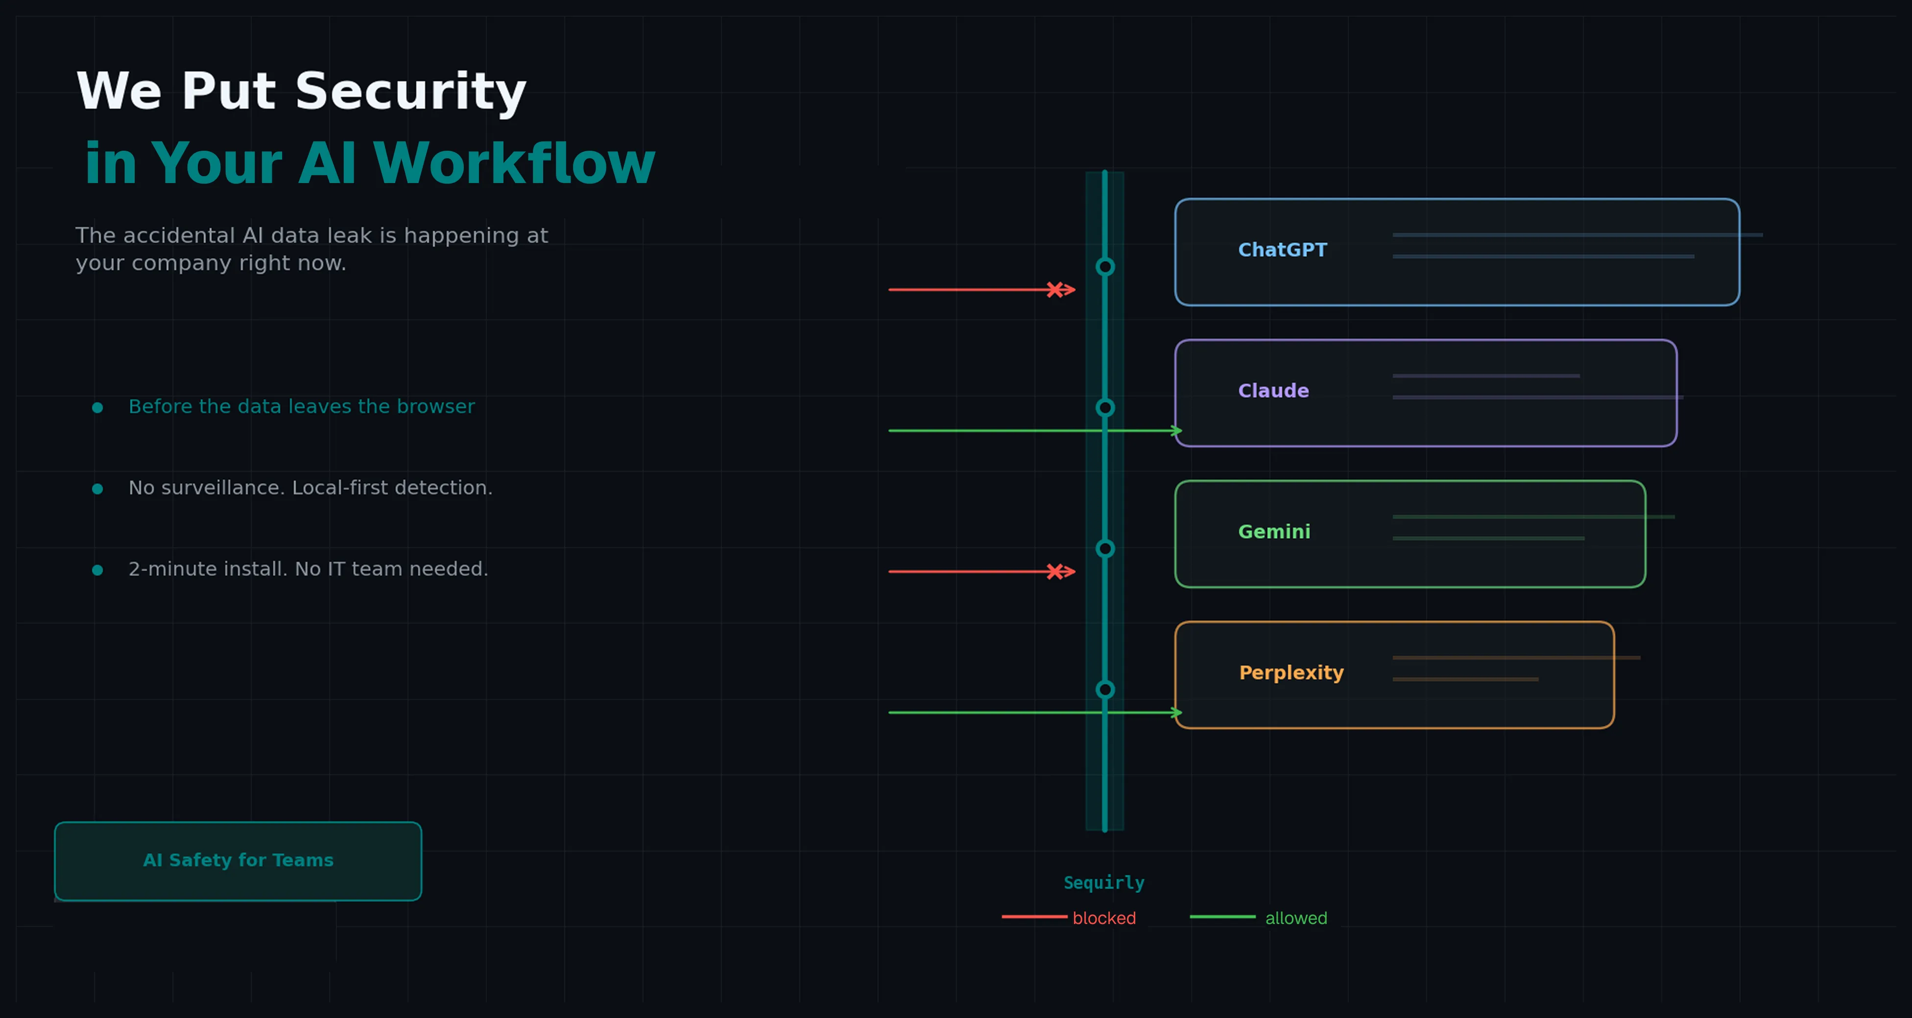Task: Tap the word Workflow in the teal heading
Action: pyautogui.click(x=514, y=164)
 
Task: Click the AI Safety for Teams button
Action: pyautogui.click(x=238, y=861)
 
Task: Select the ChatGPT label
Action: pyautogui.click(x=1282, y=250)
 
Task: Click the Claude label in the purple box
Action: pyautogui.click(x=1273, y=391)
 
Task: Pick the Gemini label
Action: pyautogui.click(x=1274, y=532)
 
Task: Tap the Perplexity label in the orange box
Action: pyautogui.click(x=1291, y=673)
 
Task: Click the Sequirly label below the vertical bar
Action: pyautogui.click(x=1104, y=883)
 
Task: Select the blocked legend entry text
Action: pyautogui.click(x=1104, y=919)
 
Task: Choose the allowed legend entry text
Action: pyautogui.click(x=1296, y=919)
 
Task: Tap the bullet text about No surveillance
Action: pyautogui.click(x=310, y=488)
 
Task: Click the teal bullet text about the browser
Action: pyautogui.click(x=301, y=407)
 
